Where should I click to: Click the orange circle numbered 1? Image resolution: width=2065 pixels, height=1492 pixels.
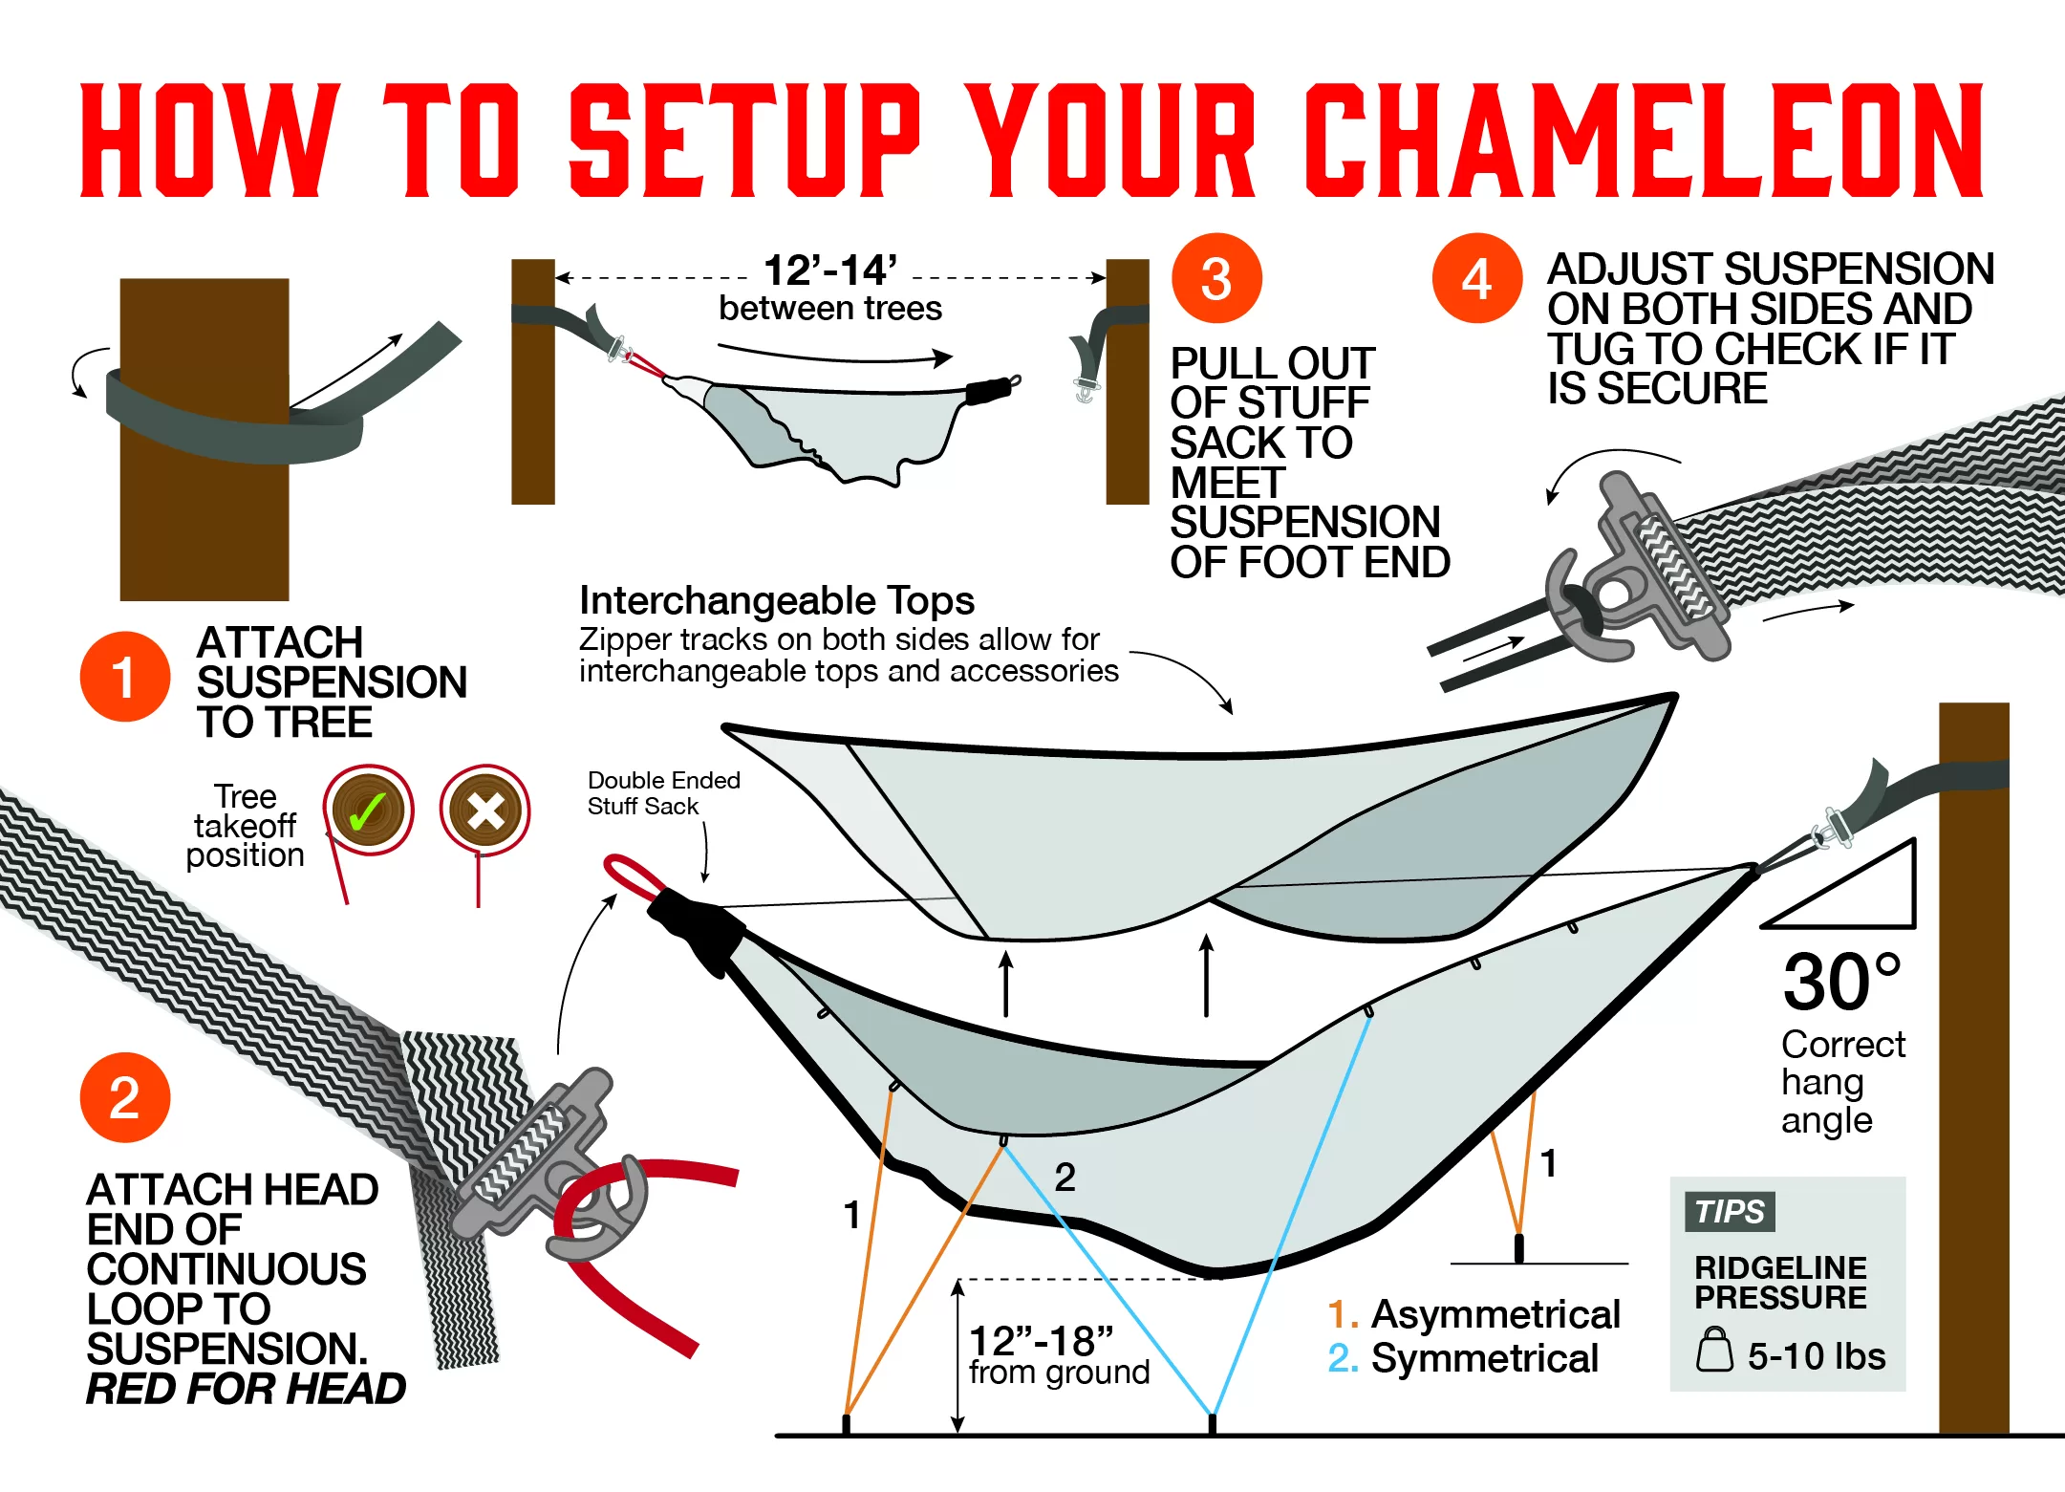click(124, 677)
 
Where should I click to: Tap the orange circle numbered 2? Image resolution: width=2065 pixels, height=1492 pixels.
click(124, 1097)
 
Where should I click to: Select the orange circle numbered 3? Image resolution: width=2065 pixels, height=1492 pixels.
click(1215, 278)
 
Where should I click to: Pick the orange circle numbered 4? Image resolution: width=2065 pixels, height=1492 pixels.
click(1475, 278)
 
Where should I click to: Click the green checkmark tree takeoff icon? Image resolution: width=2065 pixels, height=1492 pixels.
click(368, 811)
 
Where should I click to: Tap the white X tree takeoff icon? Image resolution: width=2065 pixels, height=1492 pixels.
click(484, 811)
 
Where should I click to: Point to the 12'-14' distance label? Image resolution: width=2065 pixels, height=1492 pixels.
click(829, 270)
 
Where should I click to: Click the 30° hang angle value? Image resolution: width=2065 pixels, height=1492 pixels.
click(1841, 982)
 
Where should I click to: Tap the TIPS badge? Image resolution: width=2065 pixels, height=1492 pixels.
click(1730, 1211)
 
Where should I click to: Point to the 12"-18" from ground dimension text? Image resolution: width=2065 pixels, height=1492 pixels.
click(1042, 1342)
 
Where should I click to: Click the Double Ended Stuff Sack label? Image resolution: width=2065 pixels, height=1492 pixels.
click(663, 793)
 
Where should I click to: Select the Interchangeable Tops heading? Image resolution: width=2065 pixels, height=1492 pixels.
click(776, 601)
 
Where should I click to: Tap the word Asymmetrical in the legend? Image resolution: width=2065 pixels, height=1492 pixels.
click(1495, 1314)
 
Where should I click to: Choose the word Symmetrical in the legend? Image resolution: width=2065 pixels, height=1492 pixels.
click(1484, 1358)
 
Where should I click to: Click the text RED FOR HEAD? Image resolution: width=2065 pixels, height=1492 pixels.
click(246, 1389)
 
